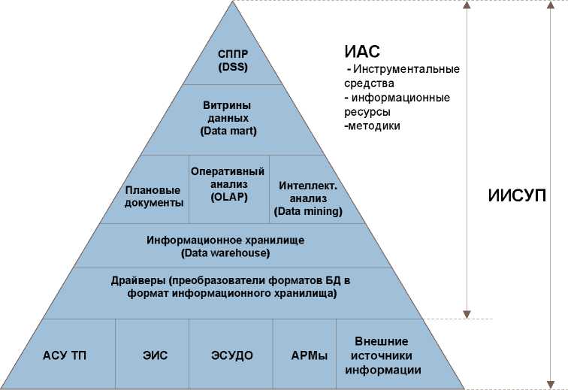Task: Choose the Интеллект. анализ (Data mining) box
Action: (309, 198)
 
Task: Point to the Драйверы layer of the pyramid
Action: (230, 288)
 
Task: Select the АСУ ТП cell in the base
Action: (65, 355)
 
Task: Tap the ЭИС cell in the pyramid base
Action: (151, 355)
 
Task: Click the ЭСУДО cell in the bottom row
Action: (231, 355)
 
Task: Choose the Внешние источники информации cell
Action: (382, 355)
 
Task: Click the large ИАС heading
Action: (362, 53)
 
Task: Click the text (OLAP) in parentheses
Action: (228, 198)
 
